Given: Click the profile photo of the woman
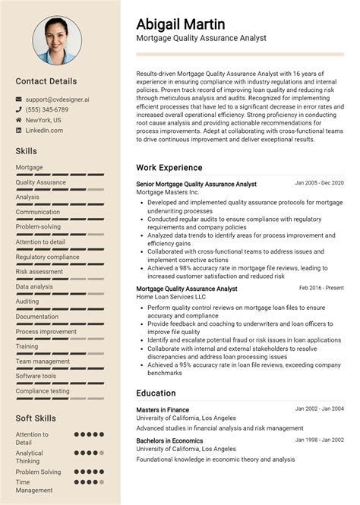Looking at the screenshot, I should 60,43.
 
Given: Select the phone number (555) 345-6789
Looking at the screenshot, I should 52,109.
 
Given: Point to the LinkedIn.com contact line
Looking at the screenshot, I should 44,131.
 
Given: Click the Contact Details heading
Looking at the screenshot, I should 46,80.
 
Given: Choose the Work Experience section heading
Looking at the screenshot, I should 169,167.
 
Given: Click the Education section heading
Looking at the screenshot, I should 156,393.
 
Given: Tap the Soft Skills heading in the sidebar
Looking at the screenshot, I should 36,418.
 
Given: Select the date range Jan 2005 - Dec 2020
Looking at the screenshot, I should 319,183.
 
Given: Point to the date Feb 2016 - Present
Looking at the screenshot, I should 321,288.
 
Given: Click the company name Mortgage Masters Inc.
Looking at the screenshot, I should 167,192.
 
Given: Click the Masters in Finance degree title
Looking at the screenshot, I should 163,410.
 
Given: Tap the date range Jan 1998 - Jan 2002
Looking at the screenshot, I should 319,440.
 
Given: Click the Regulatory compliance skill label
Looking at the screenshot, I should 47,257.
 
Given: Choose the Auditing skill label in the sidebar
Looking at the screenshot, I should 27,301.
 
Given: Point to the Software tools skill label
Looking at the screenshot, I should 36,376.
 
